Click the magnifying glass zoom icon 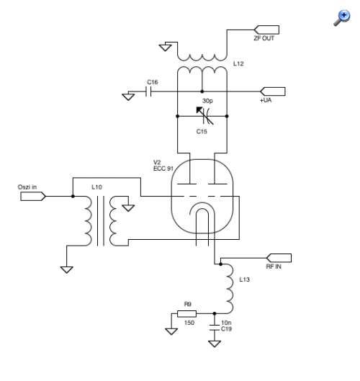[342, 18]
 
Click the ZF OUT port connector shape [266, 30]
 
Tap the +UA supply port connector [273, 91]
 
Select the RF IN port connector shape [279, 258]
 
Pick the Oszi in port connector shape [33, 196]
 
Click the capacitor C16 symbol [148, 91]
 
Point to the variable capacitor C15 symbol [205, 116]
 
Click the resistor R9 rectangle [186, 314]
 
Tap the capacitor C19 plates [215, 327]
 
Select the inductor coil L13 [229, 289]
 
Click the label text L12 [238, 63]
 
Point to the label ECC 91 [163, 169]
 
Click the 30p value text [207, 101]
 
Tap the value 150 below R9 [189, 323]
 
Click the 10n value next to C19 [226, 323]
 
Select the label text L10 [96, 187]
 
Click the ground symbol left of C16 [128, 97]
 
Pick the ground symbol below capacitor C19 [215, 344]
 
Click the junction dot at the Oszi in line [73, 196]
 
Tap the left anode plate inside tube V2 [186, 184]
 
